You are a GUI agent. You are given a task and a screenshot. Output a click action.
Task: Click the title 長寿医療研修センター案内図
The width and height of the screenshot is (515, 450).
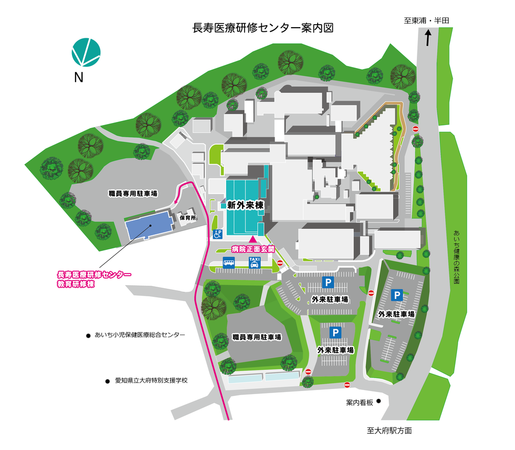(263, 28)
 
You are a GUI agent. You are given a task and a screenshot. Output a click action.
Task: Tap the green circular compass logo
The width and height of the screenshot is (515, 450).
(86, 52)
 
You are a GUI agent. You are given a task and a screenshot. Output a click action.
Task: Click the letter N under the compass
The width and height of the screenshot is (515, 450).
(78, 77)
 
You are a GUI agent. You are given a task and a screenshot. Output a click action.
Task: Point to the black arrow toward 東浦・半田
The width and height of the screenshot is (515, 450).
(428, 38)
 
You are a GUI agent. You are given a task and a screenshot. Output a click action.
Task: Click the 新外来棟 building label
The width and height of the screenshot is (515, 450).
(245, 205)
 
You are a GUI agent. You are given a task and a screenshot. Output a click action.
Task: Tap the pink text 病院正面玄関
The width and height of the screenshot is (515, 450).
(253, 249)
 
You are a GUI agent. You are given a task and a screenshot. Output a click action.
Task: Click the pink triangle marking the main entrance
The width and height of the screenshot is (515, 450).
(252, 238)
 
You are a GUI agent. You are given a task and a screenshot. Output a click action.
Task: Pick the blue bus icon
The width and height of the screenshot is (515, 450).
(229, 263)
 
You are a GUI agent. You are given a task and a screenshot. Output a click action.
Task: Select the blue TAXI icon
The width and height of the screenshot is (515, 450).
(254, 262)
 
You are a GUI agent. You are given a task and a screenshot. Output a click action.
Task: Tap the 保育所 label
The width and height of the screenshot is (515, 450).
(187, 219)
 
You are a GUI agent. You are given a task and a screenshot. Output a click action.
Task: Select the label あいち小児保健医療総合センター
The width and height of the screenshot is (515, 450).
(139, 335)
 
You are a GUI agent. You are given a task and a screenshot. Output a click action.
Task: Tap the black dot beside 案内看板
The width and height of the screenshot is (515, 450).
(379, 402)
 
